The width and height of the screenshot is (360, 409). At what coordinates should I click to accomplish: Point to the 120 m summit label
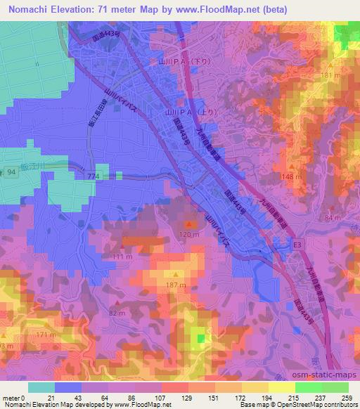point(188,234)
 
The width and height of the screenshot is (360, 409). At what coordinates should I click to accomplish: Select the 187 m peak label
point(176,285)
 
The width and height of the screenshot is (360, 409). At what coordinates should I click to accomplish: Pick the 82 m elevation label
point(117,313)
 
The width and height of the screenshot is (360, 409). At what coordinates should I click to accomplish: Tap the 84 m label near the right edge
point(332,217)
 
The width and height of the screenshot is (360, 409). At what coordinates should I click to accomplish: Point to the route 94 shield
point(11,171)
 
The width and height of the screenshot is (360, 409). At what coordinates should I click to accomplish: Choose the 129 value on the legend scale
point(188,398)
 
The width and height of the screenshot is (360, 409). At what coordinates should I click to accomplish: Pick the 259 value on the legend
point(346,398)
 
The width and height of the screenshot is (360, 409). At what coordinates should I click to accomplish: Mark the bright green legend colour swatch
point(306,387)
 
